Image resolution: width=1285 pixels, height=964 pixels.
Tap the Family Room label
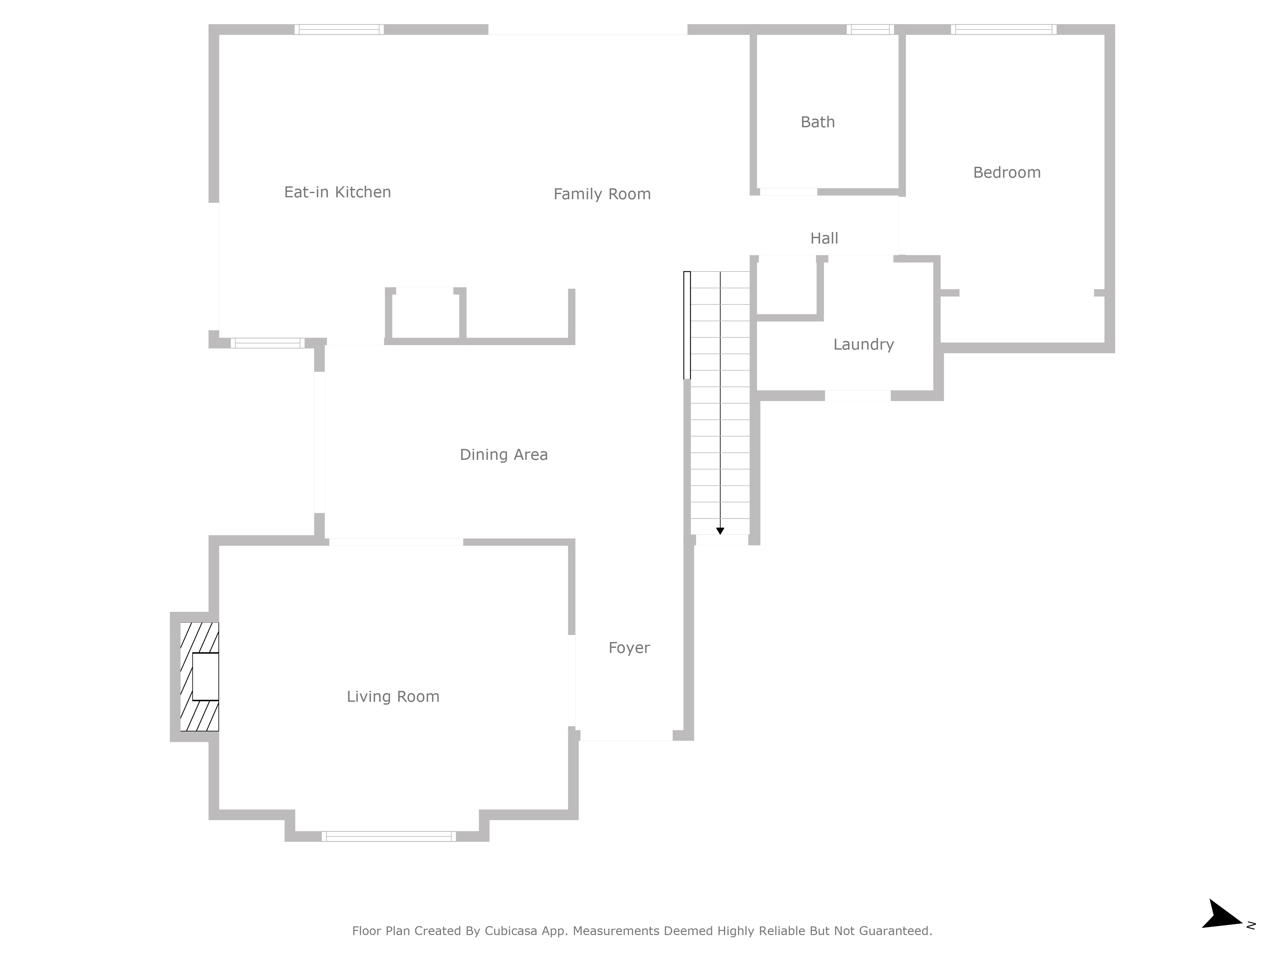coord(602,194)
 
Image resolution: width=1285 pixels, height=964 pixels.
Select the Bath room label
coord(817,122)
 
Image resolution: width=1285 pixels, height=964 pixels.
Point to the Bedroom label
coord(1007,173)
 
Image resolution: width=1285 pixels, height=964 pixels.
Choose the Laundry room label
coord(863,344)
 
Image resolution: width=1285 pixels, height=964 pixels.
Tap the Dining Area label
coord(504,454)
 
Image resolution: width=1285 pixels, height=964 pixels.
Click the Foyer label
coord(629,648)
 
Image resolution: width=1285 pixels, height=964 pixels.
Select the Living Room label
coord(393,697)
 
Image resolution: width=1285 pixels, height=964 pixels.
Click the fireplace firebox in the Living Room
coord(206,676)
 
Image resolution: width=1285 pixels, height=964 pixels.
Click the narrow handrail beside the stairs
coord(687,326)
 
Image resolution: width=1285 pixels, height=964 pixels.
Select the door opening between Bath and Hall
coord(788,192)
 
